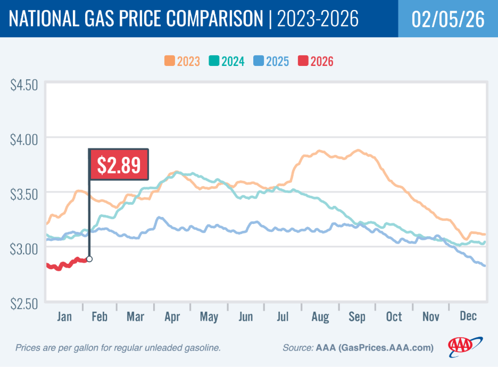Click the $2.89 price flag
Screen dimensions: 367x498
(119, 164)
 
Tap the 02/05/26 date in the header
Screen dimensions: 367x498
(447, 19)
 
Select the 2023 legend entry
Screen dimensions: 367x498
(182, 61)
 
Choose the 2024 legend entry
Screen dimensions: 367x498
(227, 61)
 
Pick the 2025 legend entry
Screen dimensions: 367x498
(271, 61)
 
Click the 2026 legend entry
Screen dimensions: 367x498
(316, 61)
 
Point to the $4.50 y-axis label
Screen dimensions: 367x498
(24, 85)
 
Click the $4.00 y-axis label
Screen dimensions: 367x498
(24, 139)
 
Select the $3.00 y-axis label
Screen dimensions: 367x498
(24, 248)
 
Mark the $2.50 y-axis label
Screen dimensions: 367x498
(24, 303)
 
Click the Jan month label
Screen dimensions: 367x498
(64, 317)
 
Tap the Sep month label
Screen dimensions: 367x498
(356, 317)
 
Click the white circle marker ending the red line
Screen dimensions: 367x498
(89, 259)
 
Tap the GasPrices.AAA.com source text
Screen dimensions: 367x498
(388, 348)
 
